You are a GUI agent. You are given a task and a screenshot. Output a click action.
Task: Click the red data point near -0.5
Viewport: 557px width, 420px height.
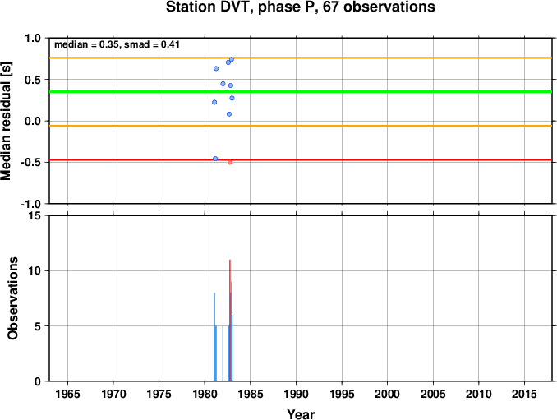click(x=230, y=162)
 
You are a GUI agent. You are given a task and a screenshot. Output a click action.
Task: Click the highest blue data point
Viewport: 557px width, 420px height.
click(x=232, y=59)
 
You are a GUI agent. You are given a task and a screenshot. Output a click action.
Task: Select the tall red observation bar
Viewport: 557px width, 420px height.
click(x=230, y=321)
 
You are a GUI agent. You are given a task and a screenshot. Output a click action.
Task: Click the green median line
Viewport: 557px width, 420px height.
click(x=301, y=92)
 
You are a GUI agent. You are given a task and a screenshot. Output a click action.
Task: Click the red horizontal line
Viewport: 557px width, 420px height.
click(x=301, y=159)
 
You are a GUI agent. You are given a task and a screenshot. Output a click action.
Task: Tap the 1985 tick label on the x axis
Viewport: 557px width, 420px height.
click(x=250, y=394)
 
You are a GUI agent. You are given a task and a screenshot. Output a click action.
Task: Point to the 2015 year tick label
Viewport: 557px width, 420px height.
click(x=524, y=394)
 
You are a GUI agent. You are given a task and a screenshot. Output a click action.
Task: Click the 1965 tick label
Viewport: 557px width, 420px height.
click(x=67, y=394)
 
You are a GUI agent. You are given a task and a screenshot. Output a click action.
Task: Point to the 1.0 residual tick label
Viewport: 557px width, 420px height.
click(x=33, y=38)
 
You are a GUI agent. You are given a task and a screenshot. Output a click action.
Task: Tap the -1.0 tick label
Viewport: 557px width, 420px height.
click(x=30, y=204)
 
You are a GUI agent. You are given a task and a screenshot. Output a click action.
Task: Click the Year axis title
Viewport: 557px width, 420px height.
click(x=301, y=414)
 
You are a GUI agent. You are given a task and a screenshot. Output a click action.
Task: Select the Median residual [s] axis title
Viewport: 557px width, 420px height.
click(x=6, y=121)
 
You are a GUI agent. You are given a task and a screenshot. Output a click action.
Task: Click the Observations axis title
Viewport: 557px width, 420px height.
click(x=12, y=298)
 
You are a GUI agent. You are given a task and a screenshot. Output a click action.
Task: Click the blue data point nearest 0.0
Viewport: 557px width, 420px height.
click(x=229, y=114)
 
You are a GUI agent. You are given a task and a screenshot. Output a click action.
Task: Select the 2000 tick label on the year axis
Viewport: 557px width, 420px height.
click(x=387, y=394)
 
